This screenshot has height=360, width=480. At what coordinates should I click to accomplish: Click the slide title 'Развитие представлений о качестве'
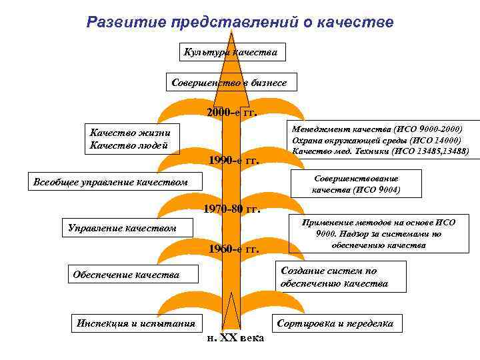pyautogui.click(x=240, y=23)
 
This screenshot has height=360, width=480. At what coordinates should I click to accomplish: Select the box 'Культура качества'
pyautogui.click(x=230, y=51)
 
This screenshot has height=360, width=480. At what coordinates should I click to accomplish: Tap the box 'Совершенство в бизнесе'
pyautogui.click(x=229, y=83)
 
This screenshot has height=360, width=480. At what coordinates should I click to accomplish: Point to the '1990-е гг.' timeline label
pyautogui.click(x=233, y=161)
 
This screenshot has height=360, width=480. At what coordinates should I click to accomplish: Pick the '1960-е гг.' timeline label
pyautogui.click(x=233, y=249)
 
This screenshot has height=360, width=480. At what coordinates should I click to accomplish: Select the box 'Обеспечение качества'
pyautogui.click(x=125, y=274)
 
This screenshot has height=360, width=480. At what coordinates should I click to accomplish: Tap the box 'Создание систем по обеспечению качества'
pyautogui.click(x=341, y=277)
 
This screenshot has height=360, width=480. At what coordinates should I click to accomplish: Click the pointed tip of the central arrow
pyautogui.click(x=231, y=32)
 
